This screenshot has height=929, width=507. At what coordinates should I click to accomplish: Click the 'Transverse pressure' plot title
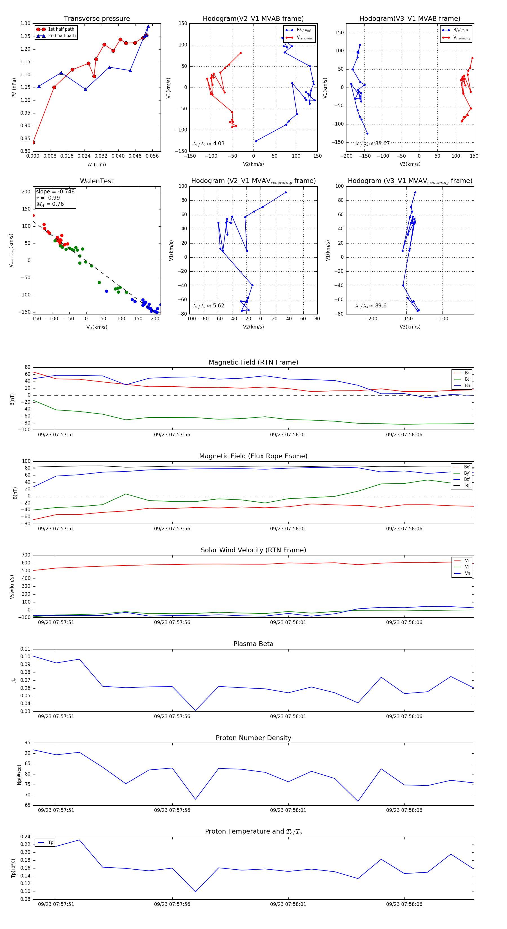pyautogui.click(x=97, y=19)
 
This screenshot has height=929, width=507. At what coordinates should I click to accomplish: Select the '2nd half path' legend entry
pyautogui.click(x=62, y=36)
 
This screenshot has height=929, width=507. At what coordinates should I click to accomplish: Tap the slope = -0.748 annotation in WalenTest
pyautogui.click(x=55, y=191)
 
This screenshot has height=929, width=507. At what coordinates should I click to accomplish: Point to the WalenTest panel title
pyautogui.click(x=97, y=181)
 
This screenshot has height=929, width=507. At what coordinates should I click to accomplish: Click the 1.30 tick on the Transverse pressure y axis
pyautogui.click(x=25, y=23)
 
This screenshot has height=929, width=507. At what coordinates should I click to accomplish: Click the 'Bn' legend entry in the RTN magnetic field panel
pyautogui.click(x=467, y=385)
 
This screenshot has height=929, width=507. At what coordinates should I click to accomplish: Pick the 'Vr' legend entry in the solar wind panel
pyautogui.click(x=467, y=561)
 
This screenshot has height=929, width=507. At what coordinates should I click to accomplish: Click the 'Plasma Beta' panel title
pyautogui.click(x=253, y=644)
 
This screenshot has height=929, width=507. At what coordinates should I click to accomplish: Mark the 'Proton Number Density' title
pyautogui.click(x=253, y=738)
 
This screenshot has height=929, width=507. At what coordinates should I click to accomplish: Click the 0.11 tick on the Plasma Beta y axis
pyautogui.click(x=25, y=649)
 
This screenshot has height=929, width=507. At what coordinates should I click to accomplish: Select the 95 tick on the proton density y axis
pyautogui.click(x=27, y=743)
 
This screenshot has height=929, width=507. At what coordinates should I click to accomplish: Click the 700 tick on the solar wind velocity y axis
pyautogui.click(x=26, y=555)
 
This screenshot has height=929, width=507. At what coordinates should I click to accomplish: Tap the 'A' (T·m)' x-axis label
pyautogui.click(x=97, y=164)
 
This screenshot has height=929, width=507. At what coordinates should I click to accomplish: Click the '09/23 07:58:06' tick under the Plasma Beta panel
pyautogui.click(x=404, y=716)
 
